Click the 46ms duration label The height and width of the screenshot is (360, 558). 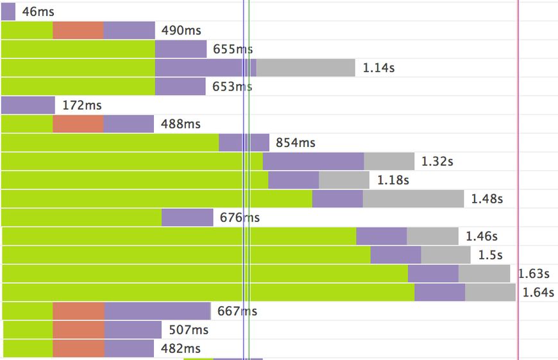coord(34,12)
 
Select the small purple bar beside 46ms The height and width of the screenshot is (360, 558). coord(8,12)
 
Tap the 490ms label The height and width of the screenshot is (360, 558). coord(182,30)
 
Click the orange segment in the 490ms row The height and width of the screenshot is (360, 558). coord(78,30)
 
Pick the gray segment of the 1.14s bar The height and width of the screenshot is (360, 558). coord(305,67)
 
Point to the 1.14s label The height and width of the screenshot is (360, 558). coord(378,67)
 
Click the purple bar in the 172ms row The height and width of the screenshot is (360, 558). coord(28,105)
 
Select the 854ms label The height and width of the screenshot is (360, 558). coord(296,142)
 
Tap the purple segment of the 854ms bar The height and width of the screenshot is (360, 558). coord(244,142)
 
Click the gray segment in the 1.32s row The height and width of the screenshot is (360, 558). coord(389,161)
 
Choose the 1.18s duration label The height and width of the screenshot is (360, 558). coord(393,180)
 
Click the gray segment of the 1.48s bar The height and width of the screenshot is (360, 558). coord(413,199)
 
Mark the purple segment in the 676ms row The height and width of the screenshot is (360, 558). coord(187,218)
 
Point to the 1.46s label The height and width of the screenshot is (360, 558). coord(482,236)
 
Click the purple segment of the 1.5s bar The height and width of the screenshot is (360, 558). coord(396,255)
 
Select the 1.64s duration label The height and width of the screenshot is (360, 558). coord(538,293)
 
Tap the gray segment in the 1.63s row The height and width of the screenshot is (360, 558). coord(484,273)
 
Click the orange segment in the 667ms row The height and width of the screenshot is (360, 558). coord(78,311)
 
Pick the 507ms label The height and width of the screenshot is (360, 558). coord(189,330)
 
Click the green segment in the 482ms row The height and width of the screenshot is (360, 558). coord(28,348)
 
